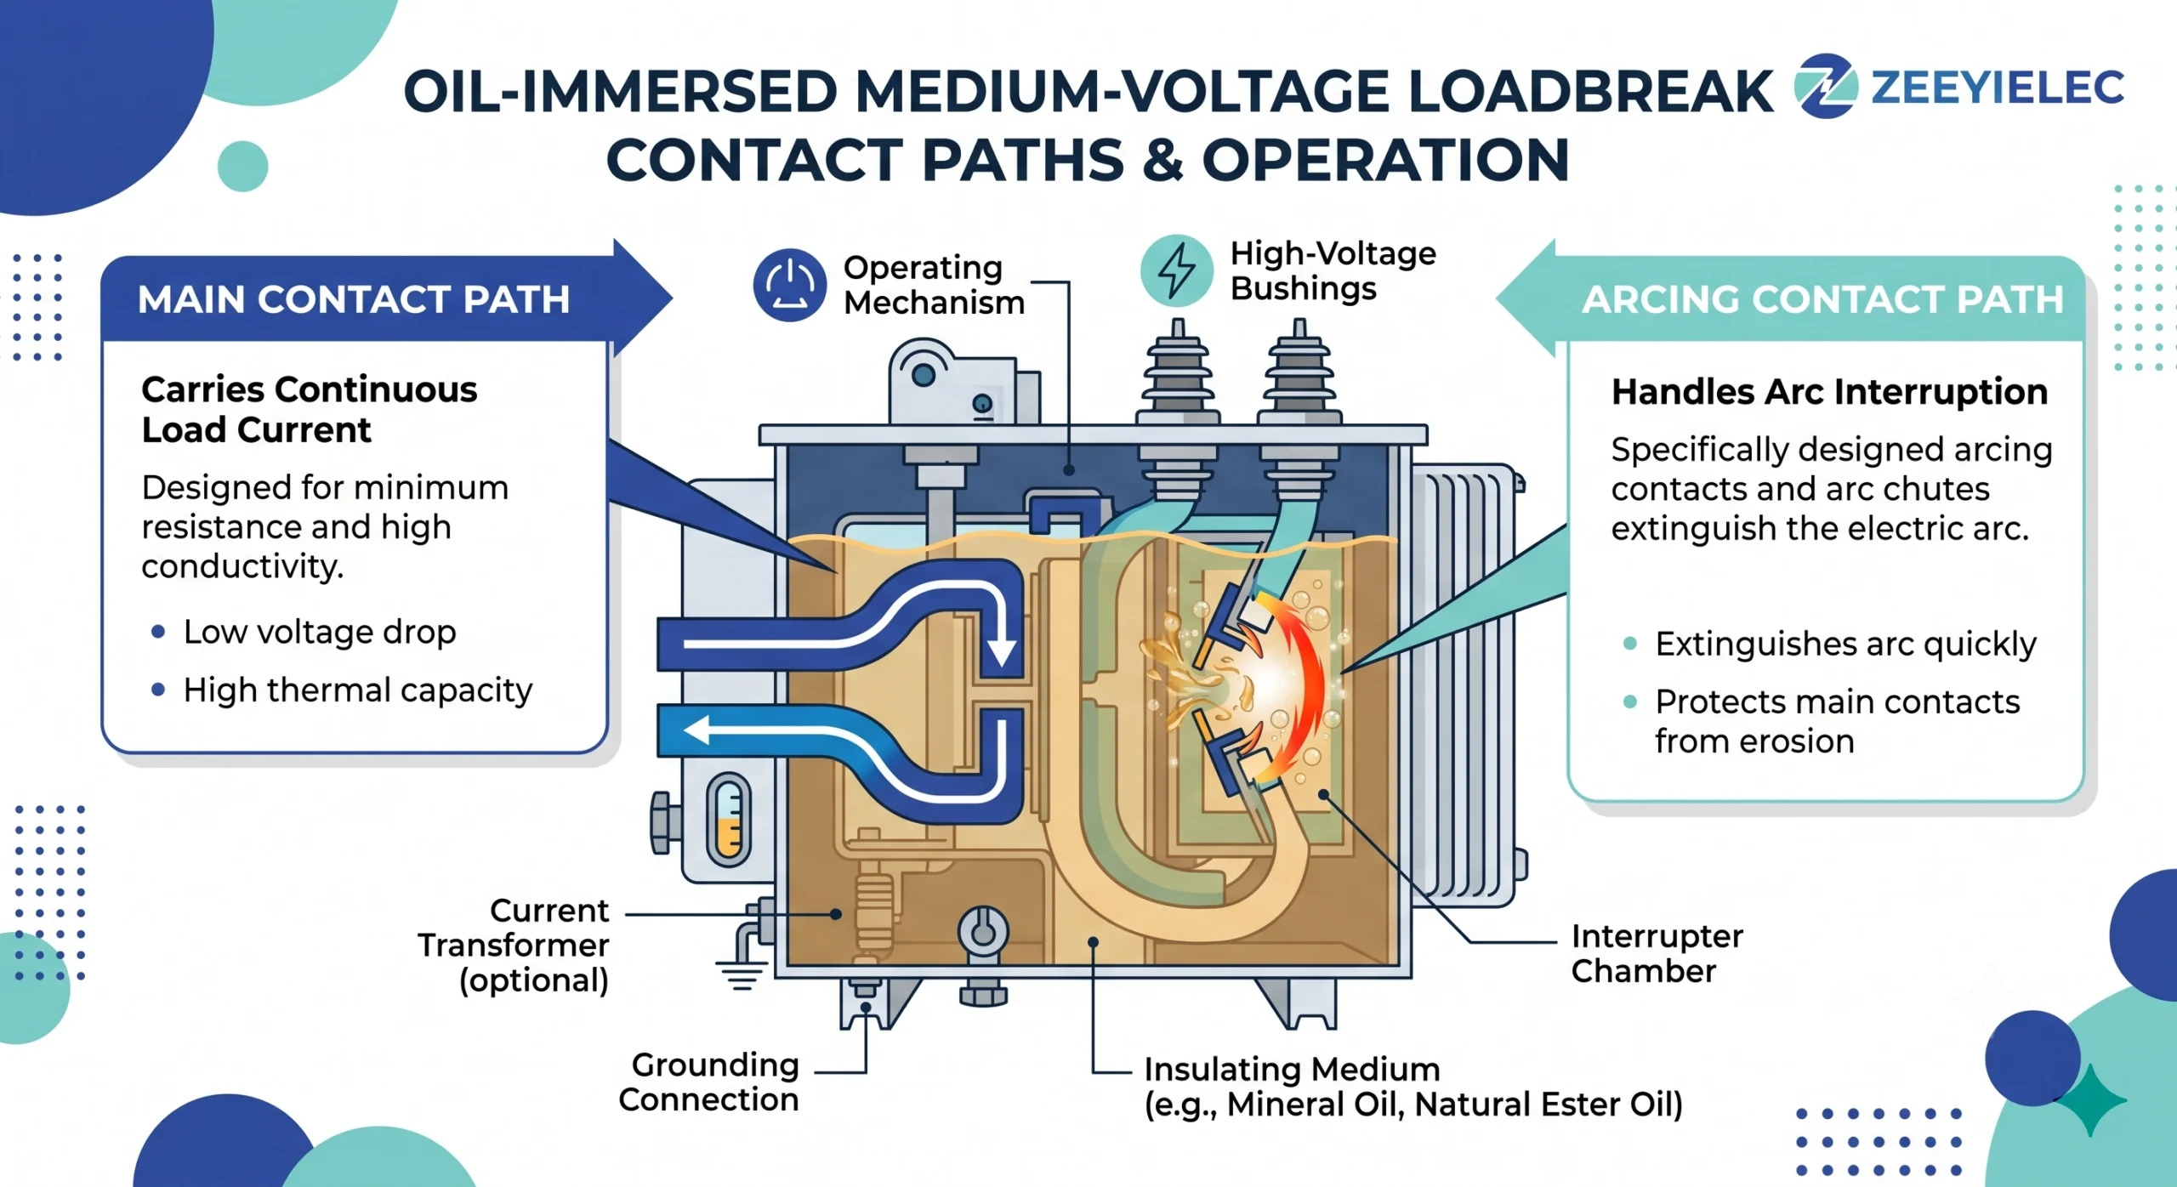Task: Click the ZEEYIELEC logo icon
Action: pyautogui.click(x=1826, y=86)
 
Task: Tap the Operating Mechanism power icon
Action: pyautogui.click(x=789, y=285)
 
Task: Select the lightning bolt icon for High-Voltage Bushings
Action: pyautogui.click(x=1177, y=270)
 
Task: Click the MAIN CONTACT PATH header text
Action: pyautogui.click(x=354, y=299)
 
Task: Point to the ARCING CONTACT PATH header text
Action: pyautogui.click(x=1822, y=299)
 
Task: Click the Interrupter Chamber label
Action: pyautogui.click(x=1657, y=953)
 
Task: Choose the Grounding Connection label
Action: pyautogui.click(x=709, y=1082)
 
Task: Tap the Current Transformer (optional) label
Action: pyautogui.click(x=514, y=945)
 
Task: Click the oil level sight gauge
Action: pyautogui.click(x=728, y=819)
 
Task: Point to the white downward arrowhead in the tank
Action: pyautogui.click(x=1001, y=651)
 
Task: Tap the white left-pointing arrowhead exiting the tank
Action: pyautogui.click(x=697, y=730)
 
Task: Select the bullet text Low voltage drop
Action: pyautogui.click(x=320, y=633)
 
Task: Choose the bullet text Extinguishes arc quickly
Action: pyautogui.click(x=1845, y=645)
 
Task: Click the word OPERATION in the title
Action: pyautogui.click(x=1385, y=160)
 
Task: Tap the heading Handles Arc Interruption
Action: pyautogui.click(x=1829, y=392)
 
